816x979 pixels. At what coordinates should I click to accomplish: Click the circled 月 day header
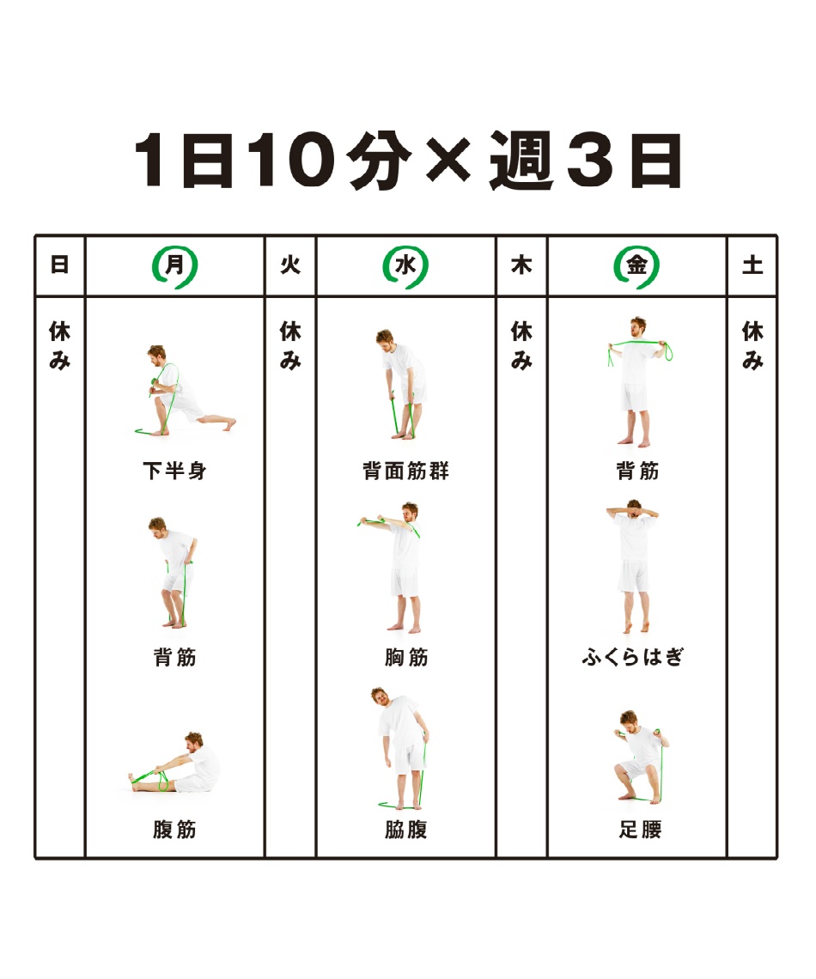175,266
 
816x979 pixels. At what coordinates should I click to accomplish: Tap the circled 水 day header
405,266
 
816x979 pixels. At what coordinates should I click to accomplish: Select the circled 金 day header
636,266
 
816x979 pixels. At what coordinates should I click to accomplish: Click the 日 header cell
59,265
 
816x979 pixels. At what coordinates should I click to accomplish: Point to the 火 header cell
290,265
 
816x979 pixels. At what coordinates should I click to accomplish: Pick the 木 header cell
521,265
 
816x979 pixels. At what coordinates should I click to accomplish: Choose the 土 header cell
752,265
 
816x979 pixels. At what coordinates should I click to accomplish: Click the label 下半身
175,471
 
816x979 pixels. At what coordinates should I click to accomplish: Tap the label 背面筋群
405,471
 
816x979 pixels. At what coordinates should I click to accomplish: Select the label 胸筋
406,658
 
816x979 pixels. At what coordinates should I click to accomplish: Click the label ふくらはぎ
632,657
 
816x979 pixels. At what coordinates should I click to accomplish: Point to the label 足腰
640,830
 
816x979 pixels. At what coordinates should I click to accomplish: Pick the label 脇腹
405,830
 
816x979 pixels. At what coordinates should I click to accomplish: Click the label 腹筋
175,830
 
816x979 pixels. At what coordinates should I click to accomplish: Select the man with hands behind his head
633,566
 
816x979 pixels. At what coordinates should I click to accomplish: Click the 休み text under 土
752,345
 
